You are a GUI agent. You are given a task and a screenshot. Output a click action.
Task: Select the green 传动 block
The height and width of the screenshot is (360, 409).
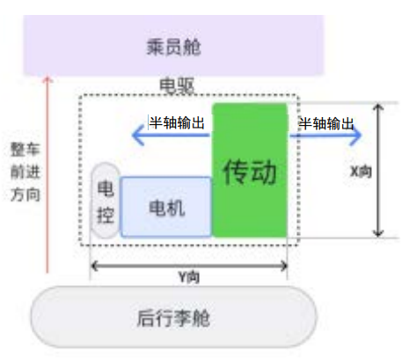pyautogui.click(x=250, y=170)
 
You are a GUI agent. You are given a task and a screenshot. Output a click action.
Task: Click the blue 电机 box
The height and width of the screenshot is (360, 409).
pyautogui.click(x=165, y=208)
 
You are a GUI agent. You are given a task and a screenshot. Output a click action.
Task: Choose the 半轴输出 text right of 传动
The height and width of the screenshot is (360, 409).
pyautogui.click(x=326, y=121)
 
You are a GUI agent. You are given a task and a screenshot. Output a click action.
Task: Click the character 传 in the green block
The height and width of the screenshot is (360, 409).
pyautogui.click(x=236, y=170)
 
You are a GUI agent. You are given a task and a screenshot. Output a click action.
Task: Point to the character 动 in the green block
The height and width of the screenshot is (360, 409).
pyautogui.click(x=264, y=170)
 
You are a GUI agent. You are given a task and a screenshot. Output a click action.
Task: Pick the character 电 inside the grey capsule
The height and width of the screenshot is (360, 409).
pyautogui.click(x=105, y=189)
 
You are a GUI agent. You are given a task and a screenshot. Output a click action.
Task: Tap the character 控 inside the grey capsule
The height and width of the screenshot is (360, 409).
pyautogui.click(x=105, y=214)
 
